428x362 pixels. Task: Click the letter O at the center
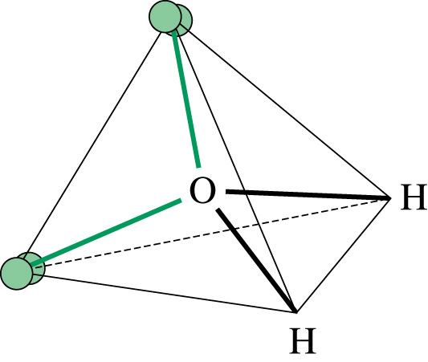(202, 190)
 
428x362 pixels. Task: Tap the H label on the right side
(414, 197)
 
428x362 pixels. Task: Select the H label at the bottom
(303, 340)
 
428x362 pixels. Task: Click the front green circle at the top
(165, 16)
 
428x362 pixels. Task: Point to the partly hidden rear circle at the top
(185, 22)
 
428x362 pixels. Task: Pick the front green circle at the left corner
(17, 274)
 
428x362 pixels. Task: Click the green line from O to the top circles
(186, 100)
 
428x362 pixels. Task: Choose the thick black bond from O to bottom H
(256, 260)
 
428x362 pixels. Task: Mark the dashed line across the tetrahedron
(211, 233)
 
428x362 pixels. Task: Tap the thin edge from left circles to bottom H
(169, 293)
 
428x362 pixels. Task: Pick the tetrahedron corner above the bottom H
(296, 311)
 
